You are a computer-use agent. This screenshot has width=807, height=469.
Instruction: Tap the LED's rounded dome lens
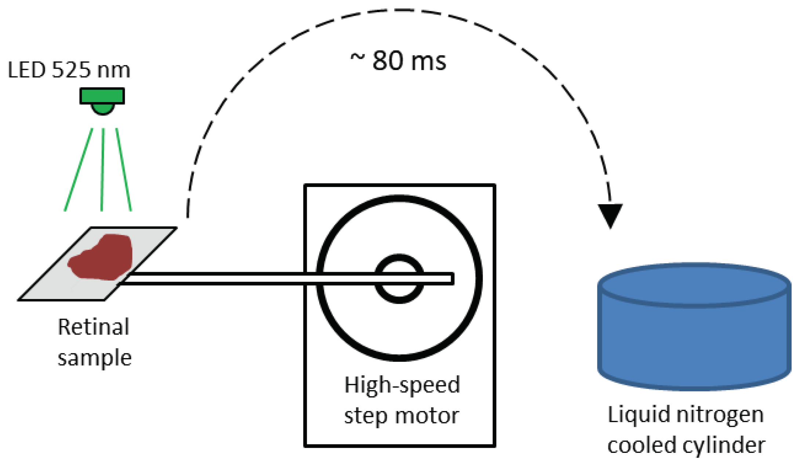(x=103, y=109)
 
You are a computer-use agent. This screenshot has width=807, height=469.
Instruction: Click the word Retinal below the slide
(x=94, y=327)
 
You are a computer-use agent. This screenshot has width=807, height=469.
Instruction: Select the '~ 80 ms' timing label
(x=398, y=61)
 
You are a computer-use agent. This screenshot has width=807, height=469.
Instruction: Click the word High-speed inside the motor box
(x=402, y=385)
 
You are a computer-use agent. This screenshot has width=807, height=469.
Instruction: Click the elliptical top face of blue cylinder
(x=694, y=285)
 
